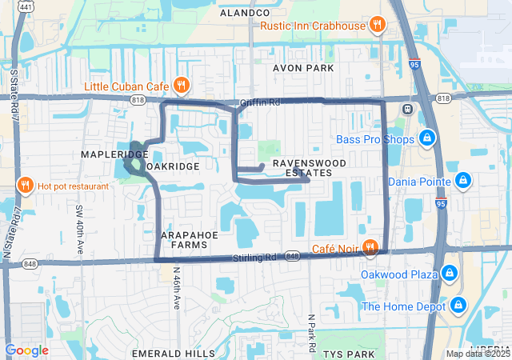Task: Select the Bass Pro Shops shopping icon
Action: pyautogui.click(x=428, y=139)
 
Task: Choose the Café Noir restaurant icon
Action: pyautogui.click(x=370, y=248)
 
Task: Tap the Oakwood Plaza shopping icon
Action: pyautogui.click(x=450, y=274)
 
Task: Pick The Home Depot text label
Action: pyautogui.click(x=404, y=306)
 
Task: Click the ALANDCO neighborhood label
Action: pyautogui.click(x=245, y=13)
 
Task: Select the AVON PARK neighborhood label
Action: pyautogui.click(x=302, y=69)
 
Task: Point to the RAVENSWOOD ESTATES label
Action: pyautogui.click(x=302, y=168)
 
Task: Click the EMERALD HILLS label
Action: pyautogui.click(x=174, y=353)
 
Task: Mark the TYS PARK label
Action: pyautogui.click(x=346, y=353)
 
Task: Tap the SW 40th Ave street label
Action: pyautogui.click(x=80, y=221)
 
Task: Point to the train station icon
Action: pyautogui.click(x=407, y=109)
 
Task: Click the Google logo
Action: pyautogui.click(x=26, y=350)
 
